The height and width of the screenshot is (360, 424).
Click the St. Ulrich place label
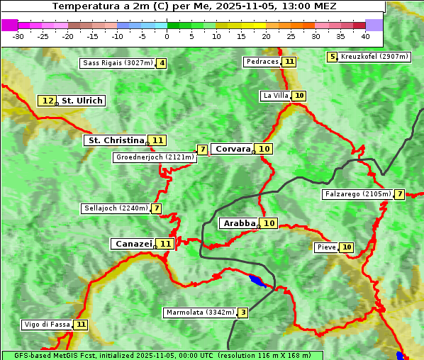82,101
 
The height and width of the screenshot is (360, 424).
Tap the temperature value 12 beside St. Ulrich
48,101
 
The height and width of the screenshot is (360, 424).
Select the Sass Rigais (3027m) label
118,63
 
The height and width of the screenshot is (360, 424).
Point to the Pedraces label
262,62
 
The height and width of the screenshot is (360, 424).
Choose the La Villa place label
276,96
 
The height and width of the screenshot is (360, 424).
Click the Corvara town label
233,149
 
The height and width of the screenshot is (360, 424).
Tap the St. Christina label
116,140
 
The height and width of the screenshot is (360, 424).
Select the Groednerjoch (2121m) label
155,157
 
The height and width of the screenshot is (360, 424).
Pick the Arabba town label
239,223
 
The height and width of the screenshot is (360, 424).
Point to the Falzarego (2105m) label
358,194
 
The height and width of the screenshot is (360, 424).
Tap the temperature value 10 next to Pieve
346,247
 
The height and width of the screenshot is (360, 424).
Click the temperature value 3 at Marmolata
243,313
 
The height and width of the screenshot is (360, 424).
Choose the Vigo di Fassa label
48,325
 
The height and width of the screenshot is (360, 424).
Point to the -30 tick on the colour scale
18,36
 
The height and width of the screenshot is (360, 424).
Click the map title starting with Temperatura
194,6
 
